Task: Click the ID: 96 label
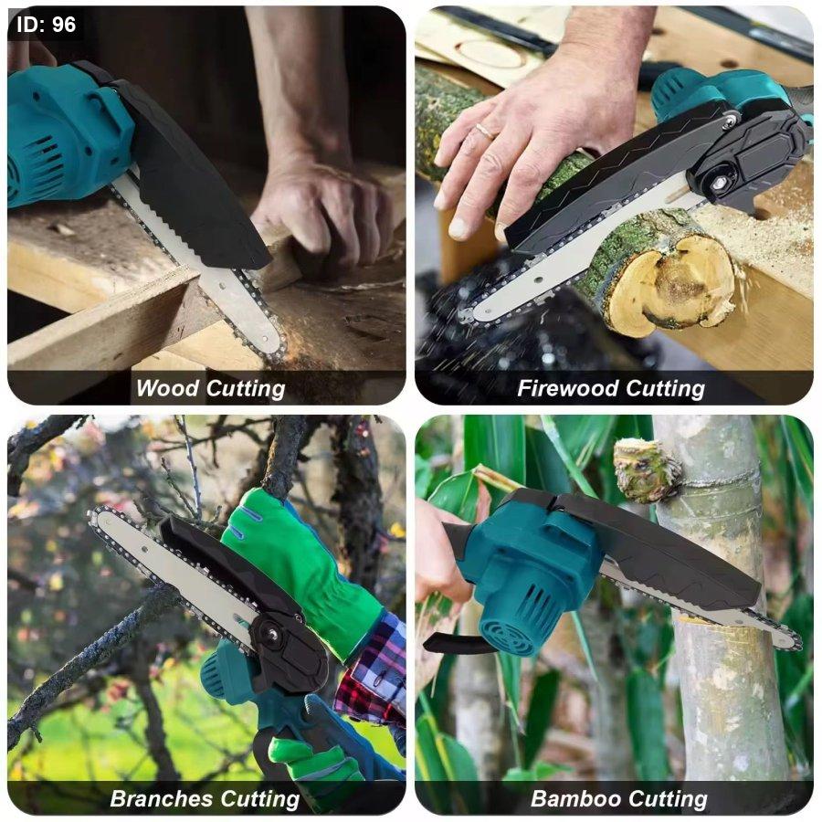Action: [47, 25]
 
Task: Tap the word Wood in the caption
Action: [168, 388]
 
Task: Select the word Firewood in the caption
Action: [568, 388]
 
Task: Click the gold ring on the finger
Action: [487, 131]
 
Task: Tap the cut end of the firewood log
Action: [669, 284]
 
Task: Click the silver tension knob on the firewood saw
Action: [721, 183]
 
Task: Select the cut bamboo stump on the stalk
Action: [646, 469]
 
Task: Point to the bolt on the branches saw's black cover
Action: [272, 635]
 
